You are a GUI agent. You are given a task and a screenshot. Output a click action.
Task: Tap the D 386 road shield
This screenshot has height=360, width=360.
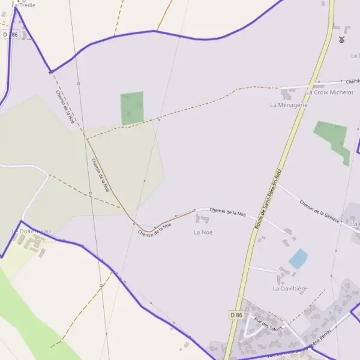10,35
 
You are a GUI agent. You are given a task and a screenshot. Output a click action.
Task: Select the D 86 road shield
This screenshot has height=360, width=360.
236,314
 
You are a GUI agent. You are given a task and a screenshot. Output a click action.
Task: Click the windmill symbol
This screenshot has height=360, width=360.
341,40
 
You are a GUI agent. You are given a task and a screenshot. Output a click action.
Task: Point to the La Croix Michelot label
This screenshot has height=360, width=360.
329,92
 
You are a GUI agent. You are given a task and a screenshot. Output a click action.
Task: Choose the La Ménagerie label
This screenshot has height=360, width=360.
289,104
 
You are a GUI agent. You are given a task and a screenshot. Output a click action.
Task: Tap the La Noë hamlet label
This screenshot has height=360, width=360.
203,232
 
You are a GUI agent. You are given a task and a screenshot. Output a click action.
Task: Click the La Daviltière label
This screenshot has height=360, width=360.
290,289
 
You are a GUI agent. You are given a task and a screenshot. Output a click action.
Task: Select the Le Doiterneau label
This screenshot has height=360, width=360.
31,231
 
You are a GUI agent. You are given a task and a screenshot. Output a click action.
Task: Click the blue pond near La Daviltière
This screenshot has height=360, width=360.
298,259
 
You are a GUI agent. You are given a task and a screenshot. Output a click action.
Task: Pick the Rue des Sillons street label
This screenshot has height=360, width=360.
268,324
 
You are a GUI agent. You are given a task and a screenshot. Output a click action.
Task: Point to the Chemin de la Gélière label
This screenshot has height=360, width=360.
320,211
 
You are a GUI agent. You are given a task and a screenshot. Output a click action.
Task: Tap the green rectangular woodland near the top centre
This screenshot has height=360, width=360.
132,108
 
